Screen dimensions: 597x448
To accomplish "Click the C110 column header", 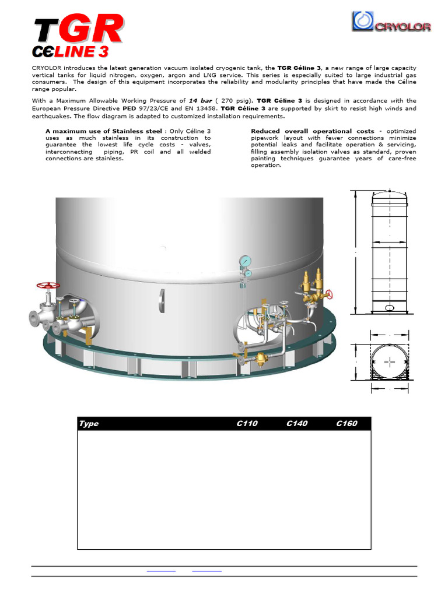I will tap(247, 424).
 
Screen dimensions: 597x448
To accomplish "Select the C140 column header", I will tap(297, 424).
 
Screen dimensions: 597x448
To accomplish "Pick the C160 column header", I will tap(346, 424).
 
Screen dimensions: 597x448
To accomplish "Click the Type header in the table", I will tap(89, 424).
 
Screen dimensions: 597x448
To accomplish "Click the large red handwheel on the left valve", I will tap(48, 286).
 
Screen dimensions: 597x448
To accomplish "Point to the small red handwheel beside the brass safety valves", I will tap(330, 293).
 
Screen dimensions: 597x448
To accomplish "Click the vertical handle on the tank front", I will tap(162, 300).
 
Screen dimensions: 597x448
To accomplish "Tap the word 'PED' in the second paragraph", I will tap(129, 108).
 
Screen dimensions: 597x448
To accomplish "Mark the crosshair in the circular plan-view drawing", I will tap(389, 362).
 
